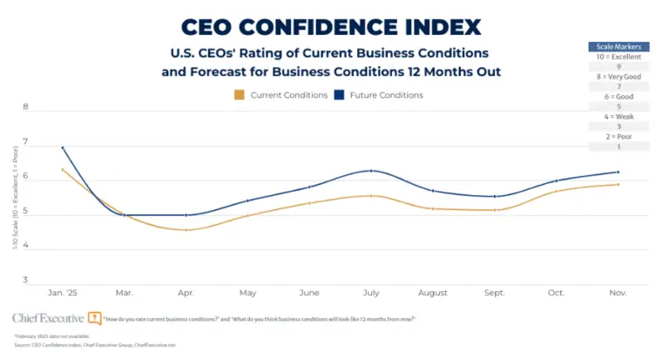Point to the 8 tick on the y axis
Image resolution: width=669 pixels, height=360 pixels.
(x=25, y=107)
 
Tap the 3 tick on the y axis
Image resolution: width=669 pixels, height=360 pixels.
(x=25, y=281)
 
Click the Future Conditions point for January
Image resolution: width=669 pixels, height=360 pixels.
(x=63, y=147)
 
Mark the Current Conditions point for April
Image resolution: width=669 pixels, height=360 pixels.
(x=186, y=230)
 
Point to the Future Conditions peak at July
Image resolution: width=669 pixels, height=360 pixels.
(x=371, y=171)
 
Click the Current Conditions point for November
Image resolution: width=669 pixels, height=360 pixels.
(x=618, y=184)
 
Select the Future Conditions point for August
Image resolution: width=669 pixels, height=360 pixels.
(x=433, y=191)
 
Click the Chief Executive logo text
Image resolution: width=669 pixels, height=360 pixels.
(x=49, y=318)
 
